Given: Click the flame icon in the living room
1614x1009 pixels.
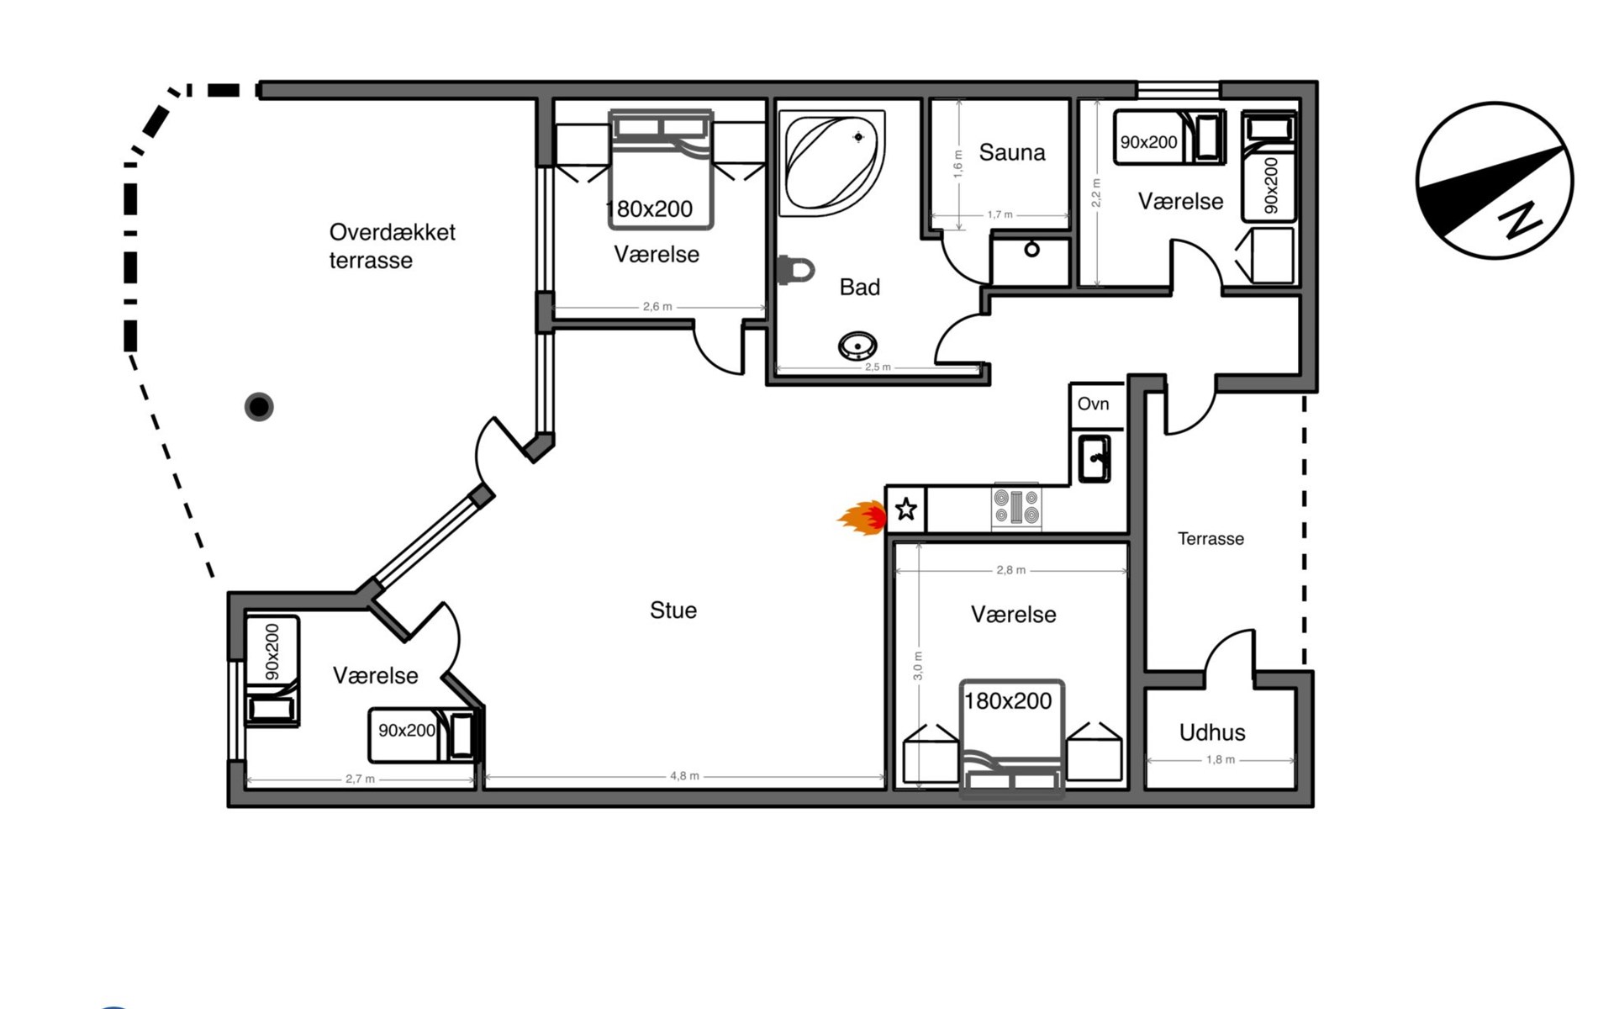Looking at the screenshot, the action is coord(862,518).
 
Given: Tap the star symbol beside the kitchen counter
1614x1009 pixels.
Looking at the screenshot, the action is coord(905,509).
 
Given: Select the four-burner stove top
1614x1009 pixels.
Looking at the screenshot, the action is coord(1016,508).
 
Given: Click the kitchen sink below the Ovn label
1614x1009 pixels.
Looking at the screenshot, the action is coord(1094,458).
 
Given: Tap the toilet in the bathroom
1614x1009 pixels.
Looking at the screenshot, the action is coord(796,270).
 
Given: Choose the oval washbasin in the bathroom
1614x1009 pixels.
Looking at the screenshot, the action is coord(857,345).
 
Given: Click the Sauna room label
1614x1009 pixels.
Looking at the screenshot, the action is coord(1012,152).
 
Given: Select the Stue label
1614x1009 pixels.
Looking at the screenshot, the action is coord(673,610).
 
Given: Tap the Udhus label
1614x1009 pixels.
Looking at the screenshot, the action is coord(1212,732).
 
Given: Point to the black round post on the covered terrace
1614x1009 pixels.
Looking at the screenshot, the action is coord(259,407).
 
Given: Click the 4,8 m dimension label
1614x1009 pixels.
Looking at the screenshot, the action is coord(684,776).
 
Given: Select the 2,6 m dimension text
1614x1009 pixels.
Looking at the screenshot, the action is coord(657,307).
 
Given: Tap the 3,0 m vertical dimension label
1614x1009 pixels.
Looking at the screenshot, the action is coord(917,665).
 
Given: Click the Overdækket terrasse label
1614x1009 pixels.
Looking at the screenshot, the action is coord(392,246).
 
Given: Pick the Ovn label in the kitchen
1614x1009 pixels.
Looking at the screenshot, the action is coord(1093,404).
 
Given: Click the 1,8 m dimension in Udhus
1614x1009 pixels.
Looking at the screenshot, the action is coord(1221,759).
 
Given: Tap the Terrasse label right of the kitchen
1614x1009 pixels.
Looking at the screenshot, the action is coord(1210,539).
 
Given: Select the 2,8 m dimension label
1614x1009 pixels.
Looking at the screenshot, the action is coord(1010,570).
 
